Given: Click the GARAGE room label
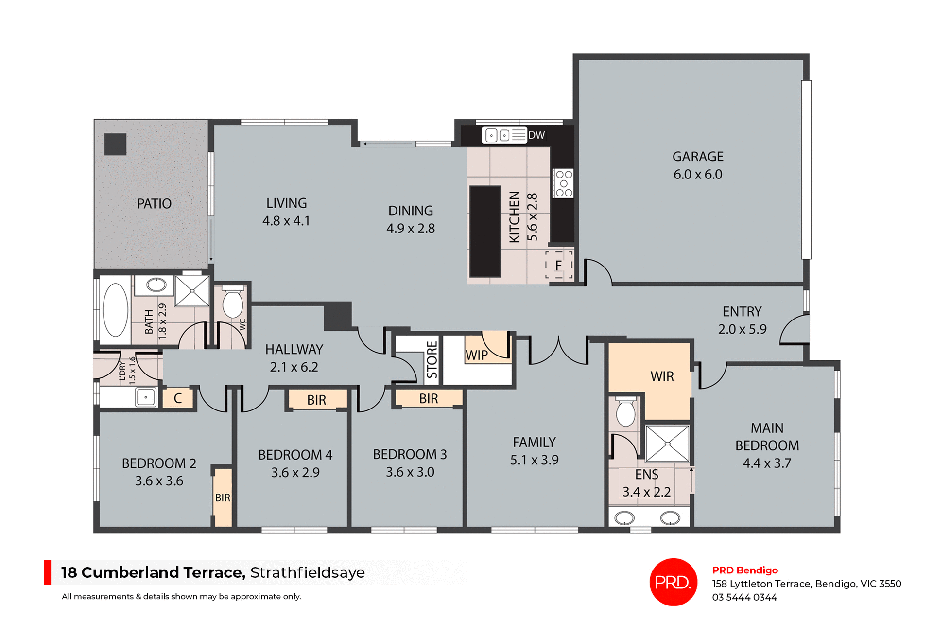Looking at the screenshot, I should pyautogui.click(x=697, y=157).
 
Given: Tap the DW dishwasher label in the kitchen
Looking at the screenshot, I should pyautogui.click(x=536, y=135).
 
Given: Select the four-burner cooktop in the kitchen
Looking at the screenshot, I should pyautogui.click(x=564, y=183).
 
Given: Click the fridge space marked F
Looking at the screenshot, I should pyautogui.click(x=558, y=266).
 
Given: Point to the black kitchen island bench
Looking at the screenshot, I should pyautogui.click(x=484, y=231).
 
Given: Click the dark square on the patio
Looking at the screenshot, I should pyautogui.click(x=115, y=144).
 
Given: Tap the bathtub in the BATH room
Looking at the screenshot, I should pyautogui.click(x=116, y=310).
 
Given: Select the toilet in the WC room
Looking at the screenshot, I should pyautogui.click(x=233, y=303).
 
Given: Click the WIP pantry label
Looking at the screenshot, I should pyautogui.click(x=476, y=355).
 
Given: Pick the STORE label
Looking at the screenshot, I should pyautogui.click(x=432, y=359).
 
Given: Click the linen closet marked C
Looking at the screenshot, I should pyautogui.click(x=178, y=398).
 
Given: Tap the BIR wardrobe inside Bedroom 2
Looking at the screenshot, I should pyautogui.click(x=223, y=498).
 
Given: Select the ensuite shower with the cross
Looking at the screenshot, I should pyautogui.click(x=667, y=444).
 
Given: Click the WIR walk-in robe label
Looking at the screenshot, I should pyautogui.click(x=662, y=376).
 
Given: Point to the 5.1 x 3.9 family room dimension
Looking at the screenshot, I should pyautogui.click(x=534, y=460).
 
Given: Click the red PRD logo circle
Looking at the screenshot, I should pyautogui.click(x=673, y=582).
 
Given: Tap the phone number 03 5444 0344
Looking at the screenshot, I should pyautogui.click(x=744, y=597).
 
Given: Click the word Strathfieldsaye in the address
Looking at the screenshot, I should pyautogui.click(x=307, y=572).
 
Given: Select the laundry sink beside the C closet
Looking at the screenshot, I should pyautogui.click(x=146, y=397).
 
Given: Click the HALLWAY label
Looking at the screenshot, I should pyautogui.click(x=294, y=349).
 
